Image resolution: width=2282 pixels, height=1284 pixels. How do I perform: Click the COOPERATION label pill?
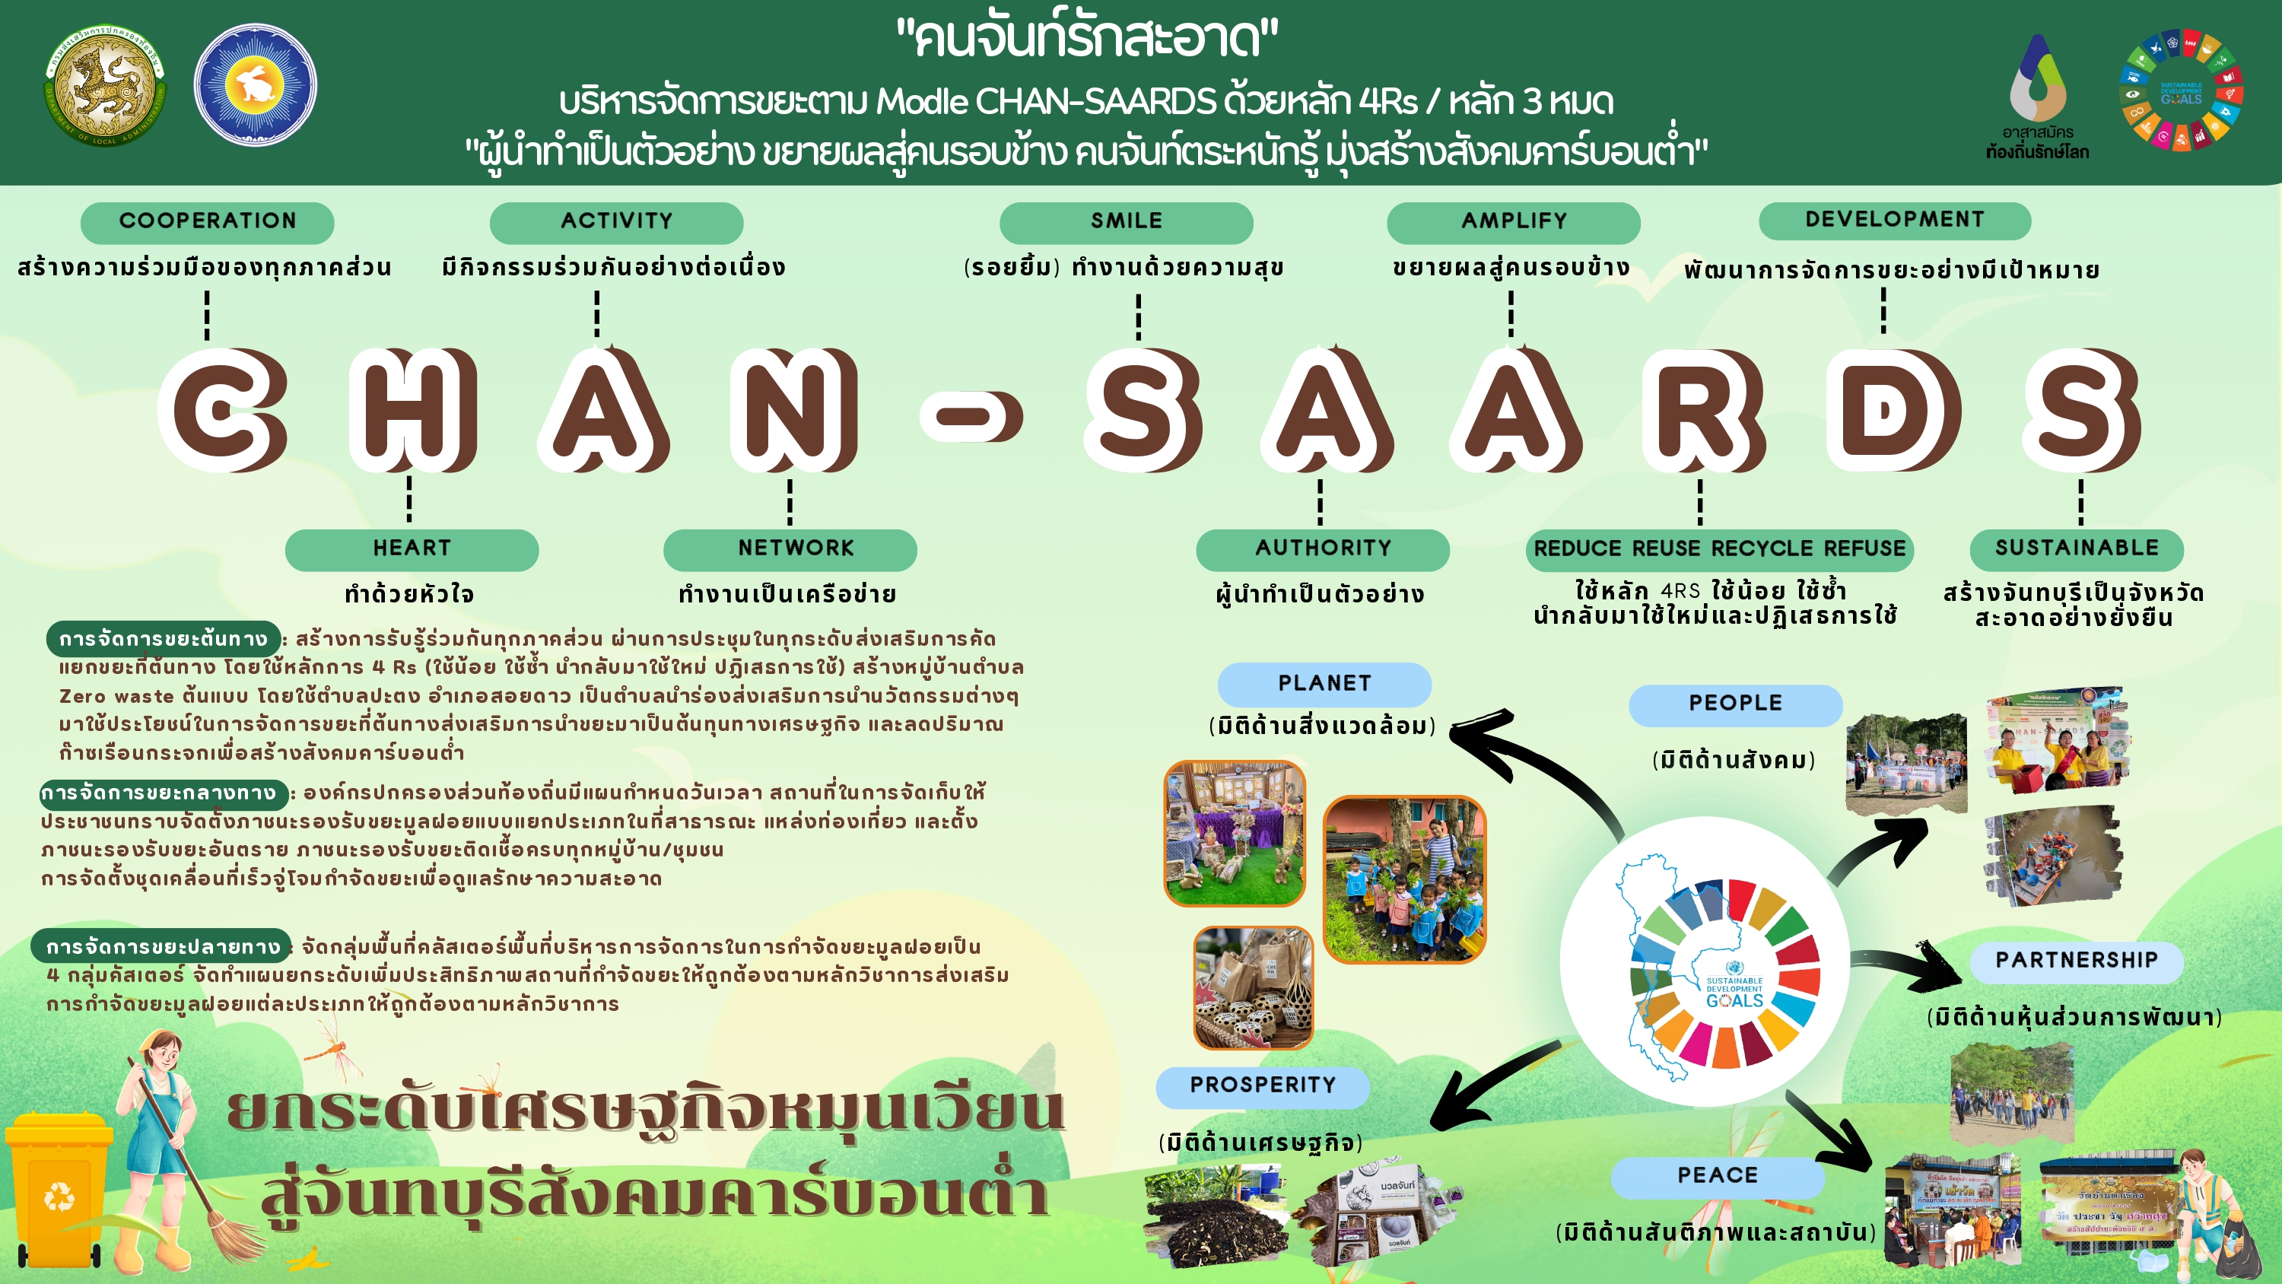[208, 221]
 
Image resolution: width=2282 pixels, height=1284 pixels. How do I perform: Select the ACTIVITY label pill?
[617, 221]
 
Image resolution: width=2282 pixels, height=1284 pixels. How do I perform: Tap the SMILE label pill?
[1126, 221]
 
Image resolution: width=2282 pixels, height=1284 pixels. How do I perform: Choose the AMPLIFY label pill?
[1513, 221]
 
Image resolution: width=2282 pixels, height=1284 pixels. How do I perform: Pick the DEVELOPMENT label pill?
[1894, 220]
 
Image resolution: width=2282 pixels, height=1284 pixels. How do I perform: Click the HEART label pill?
[412, 548]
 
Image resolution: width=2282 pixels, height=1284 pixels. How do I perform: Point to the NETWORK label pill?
[790, 548]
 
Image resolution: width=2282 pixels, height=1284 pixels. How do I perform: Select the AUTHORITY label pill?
[1323, 548]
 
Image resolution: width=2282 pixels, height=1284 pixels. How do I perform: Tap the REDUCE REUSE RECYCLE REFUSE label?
[1718, 549]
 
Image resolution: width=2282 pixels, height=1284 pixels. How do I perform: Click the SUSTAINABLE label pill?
[2077, 548]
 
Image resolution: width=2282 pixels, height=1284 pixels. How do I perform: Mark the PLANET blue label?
[1324, 683]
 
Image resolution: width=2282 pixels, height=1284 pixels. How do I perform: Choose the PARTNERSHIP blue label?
[2076, 961]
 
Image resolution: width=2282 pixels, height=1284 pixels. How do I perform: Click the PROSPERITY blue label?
[1263, 1085]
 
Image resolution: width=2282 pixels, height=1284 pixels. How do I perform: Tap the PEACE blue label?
[1717, 1176]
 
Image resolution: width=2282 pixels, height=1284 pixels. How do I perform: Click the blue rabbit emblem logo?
[255, 85]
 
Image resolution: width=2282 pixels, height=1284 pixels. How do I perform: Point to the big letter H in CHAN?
[413, 409]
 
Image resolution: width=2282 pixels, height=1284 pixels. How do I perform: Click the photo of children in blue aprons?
[1404, 879]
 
